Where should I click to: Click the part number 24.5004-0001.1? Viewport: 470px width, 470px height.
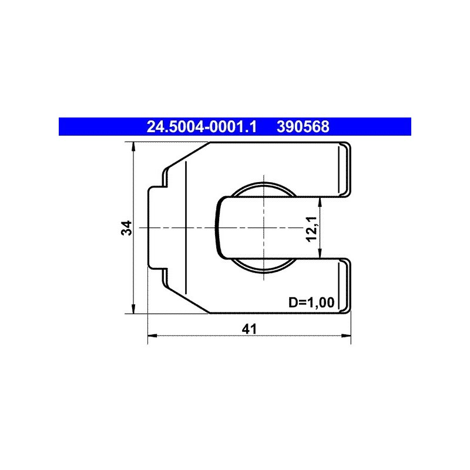coord(202,127)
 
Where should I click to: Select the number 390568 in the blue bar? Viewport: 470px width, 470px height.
coord(303,127)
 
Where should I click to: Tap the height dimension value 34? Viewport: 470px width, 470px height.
coord(126,228)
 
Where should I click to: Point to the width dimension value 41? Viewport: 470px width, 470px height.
coord(249,329)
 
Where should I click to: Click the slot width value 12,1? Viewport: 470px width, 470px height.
coord(311,229)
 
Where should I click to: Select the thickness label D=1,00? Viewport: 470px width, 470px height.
coord(311,303)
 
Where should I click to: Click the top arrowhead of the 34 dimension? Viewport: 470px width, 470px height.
coord(134,146)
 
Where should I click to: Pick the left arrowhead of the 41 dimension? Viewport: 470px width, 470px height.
coord(153,335)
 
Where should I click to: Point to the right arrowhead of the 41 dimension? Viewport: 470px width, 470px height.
coord(346,335)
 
